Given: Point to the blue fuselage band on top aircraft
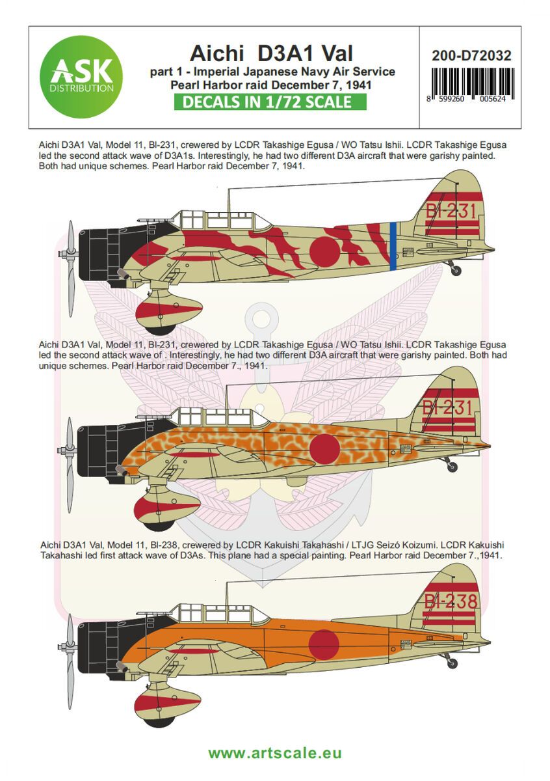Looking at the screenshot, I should (x=393, y=245).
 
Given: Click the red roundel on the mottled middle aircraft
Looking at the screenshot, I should (x=324, y=448).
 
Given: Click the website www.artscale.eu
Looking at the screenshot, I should (x=275, y=753).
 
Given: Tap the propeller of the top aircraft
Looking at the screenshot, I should (x=70, y=269).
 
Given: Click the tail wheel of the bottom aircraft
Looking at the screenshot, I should (x=451, y=663).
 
